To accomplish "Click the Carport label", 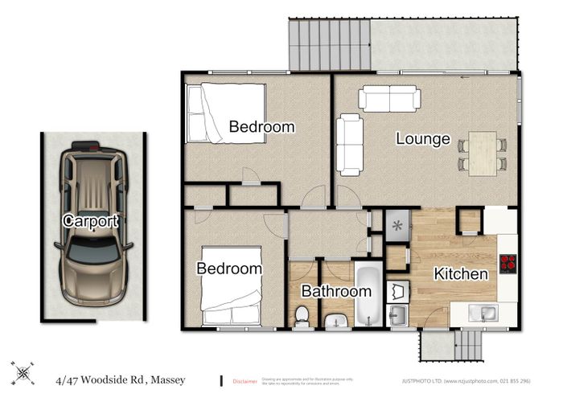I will click(x=91, y=220).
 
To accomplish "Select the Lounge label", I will click(x=422, y=139).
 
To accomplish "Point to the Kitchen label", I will click(x=461, y=274).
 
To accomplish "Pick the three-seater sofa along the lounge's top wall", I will click(x=389, y=98).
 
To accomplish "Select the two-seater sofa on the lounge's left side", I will click(x=349, y=143).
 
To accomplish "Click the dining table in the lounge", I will click(x=483, y=153).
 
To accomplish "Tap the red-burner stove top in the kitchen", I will click(x=508, y=264).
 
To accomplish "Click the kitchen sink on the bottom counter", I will click(x=485, y=314).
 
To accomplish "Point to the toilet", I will click(x=303, y=316).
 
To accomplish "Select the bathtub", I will click(x=366, y=295).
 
